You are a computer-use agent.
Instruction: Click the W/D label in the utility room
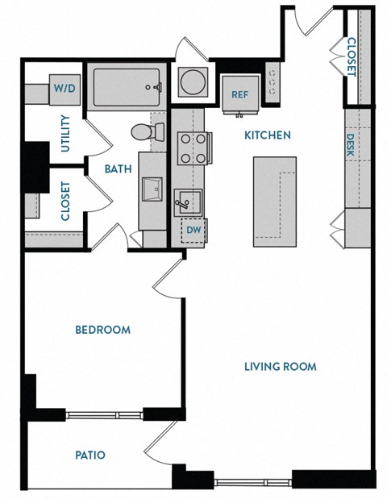(x=64, y=88)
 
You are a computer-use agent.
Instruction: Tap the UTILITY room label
(x=65, y=134)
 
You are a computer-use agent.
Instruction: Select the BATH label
(x=119, y=169)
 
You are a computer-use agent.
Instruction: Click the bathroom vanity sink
(x=152, y=190)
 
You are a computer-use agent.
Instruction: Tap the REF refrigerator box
(x=239, y=94)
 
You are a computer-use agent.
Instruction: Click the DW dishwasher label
(x=193, y=231)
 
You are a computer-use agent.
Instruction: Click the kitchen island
(x=273, y=202)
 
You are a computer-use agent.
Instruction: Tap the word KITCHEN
(x=268, y=135)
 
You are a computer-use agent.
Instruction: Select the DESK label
(x=351, y=145)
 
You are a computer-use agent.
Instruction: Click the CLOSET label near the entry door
(x=352, y=56)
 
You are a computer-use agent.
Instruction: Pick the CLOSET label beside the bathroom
(x=64, y=202)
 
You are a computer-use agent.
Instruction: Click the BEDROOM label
(x=102, y=330)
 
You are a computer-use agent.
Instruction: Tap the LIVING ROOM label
(x=280, y=367)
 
